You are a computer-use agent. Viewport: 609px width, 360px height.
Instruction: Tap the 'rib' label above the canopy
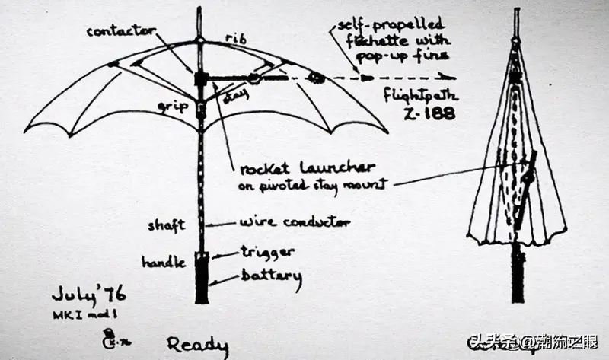[234, 39]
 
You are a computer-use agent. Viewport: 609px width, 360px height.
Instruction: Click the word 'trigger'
[268, 252]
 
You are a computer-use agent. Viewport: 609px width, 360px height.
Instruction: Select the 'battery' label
[271, 276]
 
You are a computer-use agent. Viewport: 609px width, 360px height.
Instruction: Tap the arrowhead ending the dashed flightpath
[451, 77]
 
